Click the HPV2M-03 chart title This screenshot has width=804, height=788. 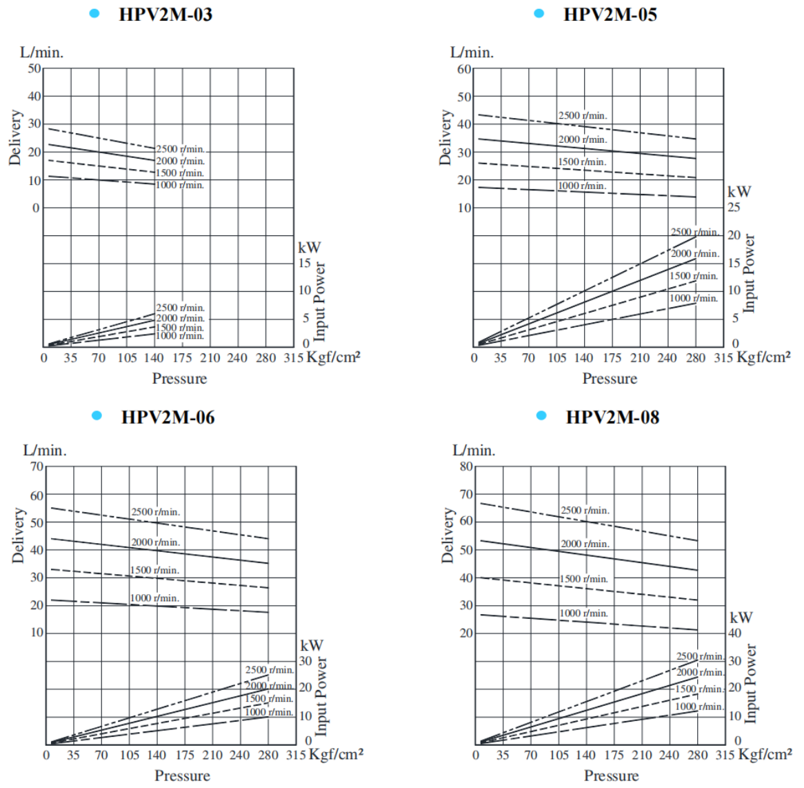(165, 14)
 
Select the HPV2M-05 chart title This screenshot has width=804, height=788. (610, 14)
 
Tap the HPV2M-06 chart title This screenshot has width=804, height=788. (168, 417)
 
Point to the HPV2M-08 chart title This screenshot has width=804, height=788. (612, 417)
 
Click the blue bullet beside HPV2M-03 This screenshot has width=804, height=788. (94, 14)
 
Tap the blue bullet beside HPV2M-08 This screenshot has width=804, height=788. (541, 415)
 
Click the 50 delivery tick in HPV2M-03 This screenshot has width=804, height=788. (34, 68)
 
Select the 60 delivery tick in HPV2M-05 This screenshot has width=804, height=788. (464, 69)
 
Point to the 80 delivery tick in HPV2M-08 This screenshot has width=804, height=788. (466, 466)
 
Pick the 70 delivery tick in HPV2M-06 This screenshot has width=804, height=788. (36, 467)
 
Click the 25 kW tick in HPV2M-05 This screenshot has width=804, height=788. (734, 208)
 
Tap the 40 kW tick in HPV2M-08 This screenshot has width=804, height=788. (735, 633)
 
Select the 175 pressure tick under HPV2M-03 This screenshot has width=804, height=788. (182, 357)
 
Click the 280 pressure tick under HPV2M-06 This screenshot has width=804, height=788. (268, 755)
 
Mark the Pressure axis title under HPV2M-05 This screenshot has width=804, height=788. (610, 378)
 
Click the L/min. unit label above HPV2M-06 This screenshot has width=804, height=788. (45, 451)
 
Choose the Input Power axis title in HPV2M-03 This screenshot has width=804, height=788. (319, 302)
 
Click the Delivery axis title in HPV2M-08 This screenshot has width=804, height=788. (449, 535)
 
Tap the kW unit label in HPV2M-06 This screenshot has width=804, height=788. (312, 646)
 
